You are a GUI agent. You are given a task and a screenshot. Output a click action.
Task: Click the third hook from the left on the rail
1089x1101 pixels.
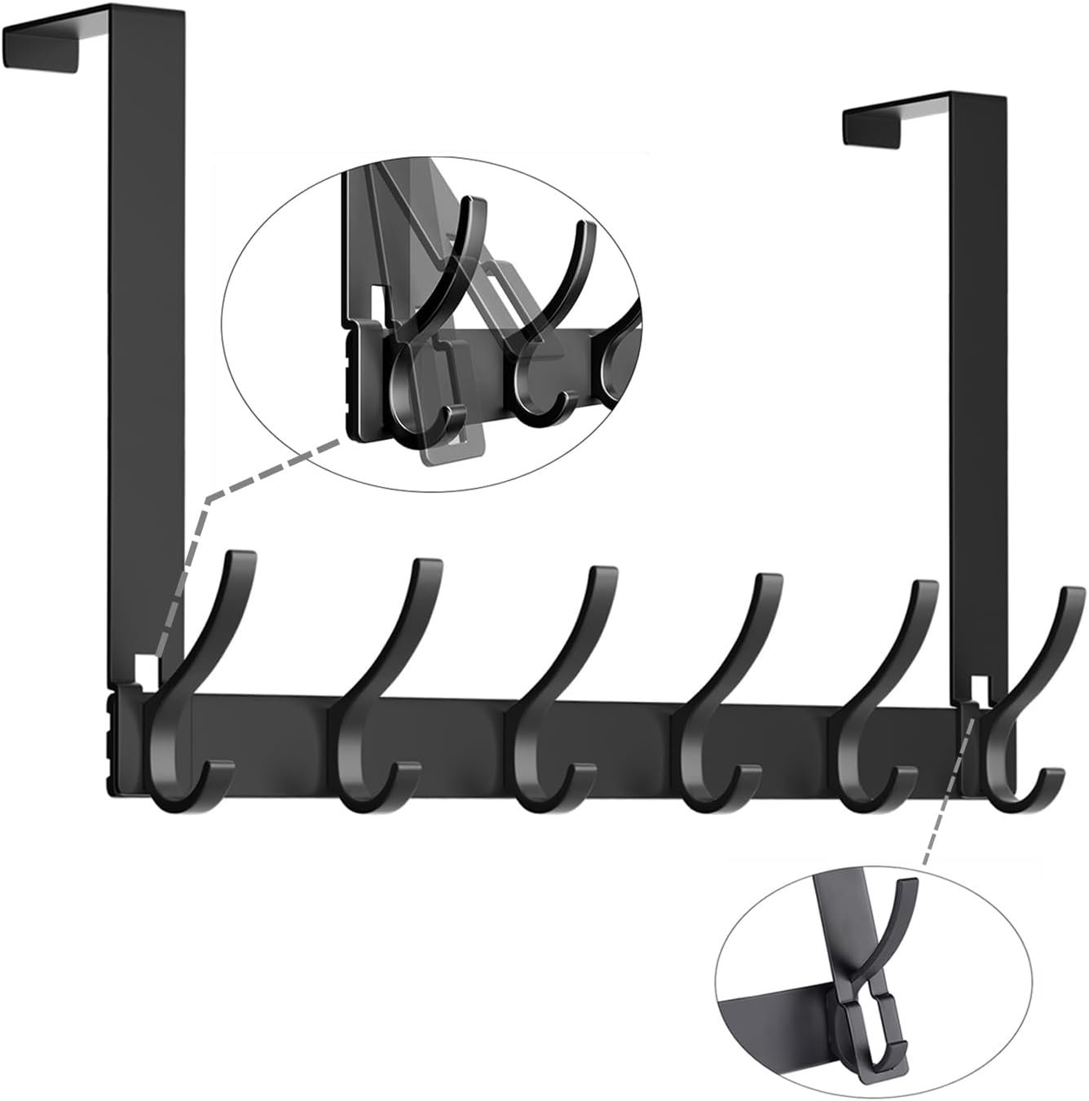pos(542,717)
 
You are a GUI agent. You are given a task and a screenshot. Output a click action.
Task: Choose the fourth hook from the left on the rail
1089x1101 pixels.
pos(709,725)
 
